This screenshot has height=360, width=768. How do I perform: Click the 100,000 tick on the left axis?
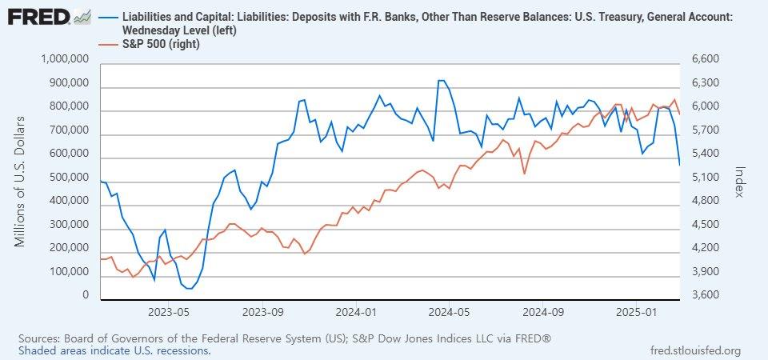click(66, 273)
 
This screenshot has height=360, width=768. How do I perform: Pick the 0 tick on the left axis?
click(86, 296)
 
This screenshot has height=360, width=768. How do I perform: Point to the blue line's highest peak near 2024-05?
click(441, 80)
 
